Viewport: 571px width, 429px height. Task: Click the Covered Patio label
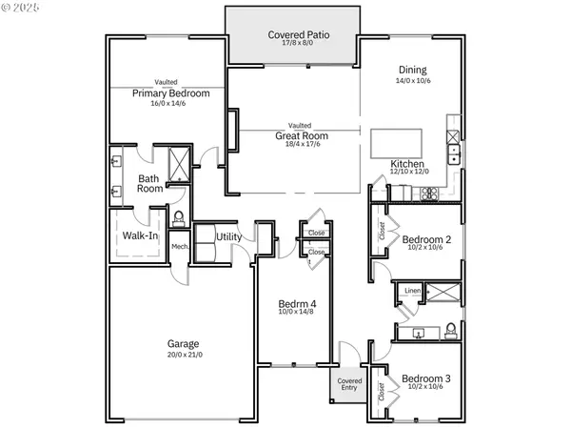pos(292,34)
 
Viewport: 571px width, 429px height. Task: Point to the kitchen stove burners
pos(429,194)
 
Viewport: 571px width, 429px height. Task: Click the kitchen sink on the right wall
pos(454,153)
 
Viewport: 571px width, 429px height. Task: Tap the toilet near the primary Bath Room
pos(178,217)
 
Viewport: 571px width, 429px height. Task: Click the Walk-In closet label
pos(140,235)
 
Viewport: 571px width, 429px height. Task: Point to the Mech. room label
pos(179,247)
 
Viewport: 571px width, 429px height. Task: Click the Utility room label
pos(228,236)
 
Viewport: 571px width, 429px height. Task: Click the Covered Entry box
pos(349,385)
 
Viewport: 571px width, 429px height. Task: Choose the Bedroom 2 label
pos(425,239)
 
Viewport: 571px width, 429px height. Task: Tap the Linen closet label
pos(411,290)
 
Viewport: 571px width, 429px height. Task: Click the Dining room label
pos(413,70)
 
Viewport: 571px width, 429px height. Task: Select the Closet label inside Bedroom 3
pos(381,392)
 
